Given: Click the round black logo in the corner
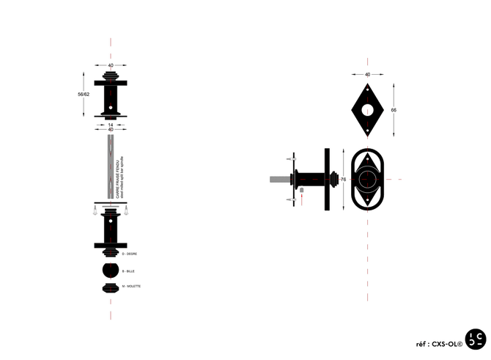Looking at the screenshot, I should pos(475,340).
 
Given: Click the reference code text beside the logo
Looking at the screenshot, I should pos(438,342).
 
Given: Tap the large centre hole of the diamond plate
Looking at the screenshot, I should pos(367,108).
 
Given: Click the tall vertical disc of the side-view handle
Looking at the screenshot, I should pos(322,178).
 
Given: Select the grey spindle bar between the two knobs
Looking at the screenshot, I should pos(111,166).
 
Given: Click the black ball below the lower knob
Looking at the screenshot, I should pos(111,270).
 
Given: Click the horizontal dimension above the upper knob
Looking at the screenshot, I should pos(111,65).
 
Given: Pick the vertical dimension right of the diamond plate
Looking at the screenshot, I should pos(394,108).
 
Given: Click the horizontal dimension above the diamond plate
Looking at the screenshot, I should pos(367,74).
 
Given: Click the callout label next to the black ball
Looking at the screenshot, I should pos(130,271).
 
